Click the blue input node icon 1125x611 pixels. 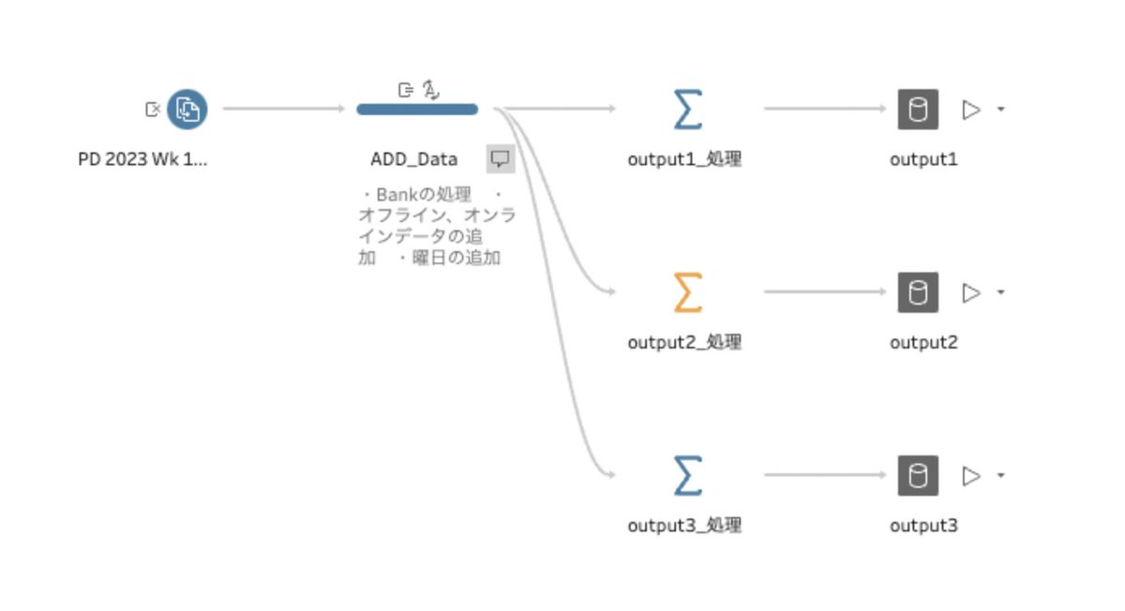click(187, 110)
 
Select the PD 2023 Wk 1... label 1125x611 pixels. click(142, 159)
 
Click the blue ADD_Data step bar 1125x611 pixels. click(417, 110)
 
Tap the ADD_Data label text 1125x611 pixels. click(413, 159)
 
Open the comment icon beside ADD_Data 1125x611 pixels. click(501, 158)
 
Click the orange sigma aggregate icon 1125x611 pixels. click(687, 292)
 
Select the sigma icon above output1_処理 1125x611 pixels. click(687, 110)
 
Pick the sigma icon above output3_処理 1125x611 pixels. click(687, 475)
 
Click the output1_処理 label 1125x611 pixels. click(684, 159)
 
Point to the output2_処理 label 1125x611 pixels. click(684, 342)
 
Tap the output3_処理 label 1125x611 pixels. click(684, 525)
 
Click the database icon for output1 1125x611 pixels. click(918, 110)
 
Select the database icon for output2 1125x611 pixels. click(918, 292)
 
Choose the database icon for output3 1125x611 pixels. click(918, 475)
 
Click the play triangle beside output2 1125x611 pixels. click(971, 292)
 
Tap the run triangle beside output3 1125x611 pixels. click(971, 475)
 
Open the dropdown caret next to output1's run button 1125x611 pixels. click(1000, 110)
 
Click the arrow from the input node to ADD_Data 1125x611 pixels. click(283, 110)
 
